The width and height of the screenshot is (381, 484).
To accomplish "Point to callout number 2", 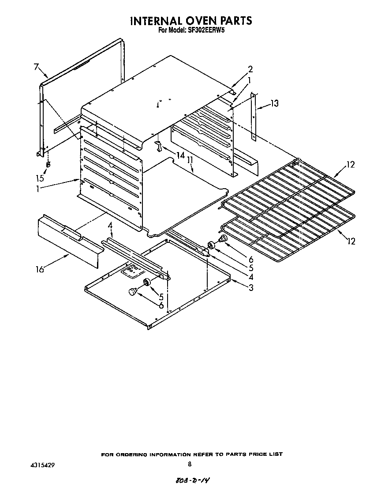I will click(x=250, y=69).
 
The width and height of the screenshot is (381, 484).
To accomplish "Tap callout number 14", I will click(x=180, y=155).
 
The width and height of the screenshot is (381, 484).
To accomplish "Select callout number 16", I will click(x=40, y=269).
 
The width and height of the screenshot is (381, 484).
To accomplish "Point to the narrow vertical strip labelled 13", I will click(x=253, y=117).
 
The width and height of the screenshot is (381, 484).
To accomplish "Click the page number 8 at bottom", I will click(x=189, y=464).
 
